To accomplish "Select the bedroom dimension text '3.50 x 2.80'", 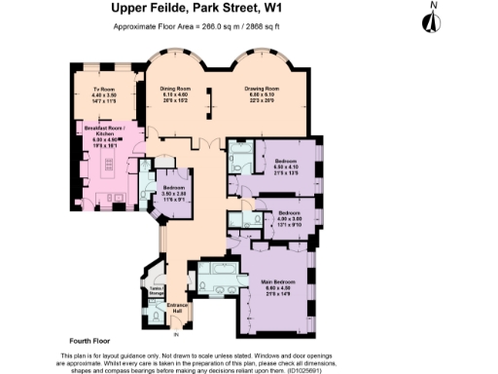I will pos(174,194).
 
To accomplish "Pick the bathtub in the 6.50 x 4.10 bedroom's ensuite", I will pos(240,162).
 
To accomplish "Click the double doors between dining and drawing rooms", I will pos(202,141).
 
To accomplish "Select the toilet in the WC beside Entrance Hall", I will pos(157,317).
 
